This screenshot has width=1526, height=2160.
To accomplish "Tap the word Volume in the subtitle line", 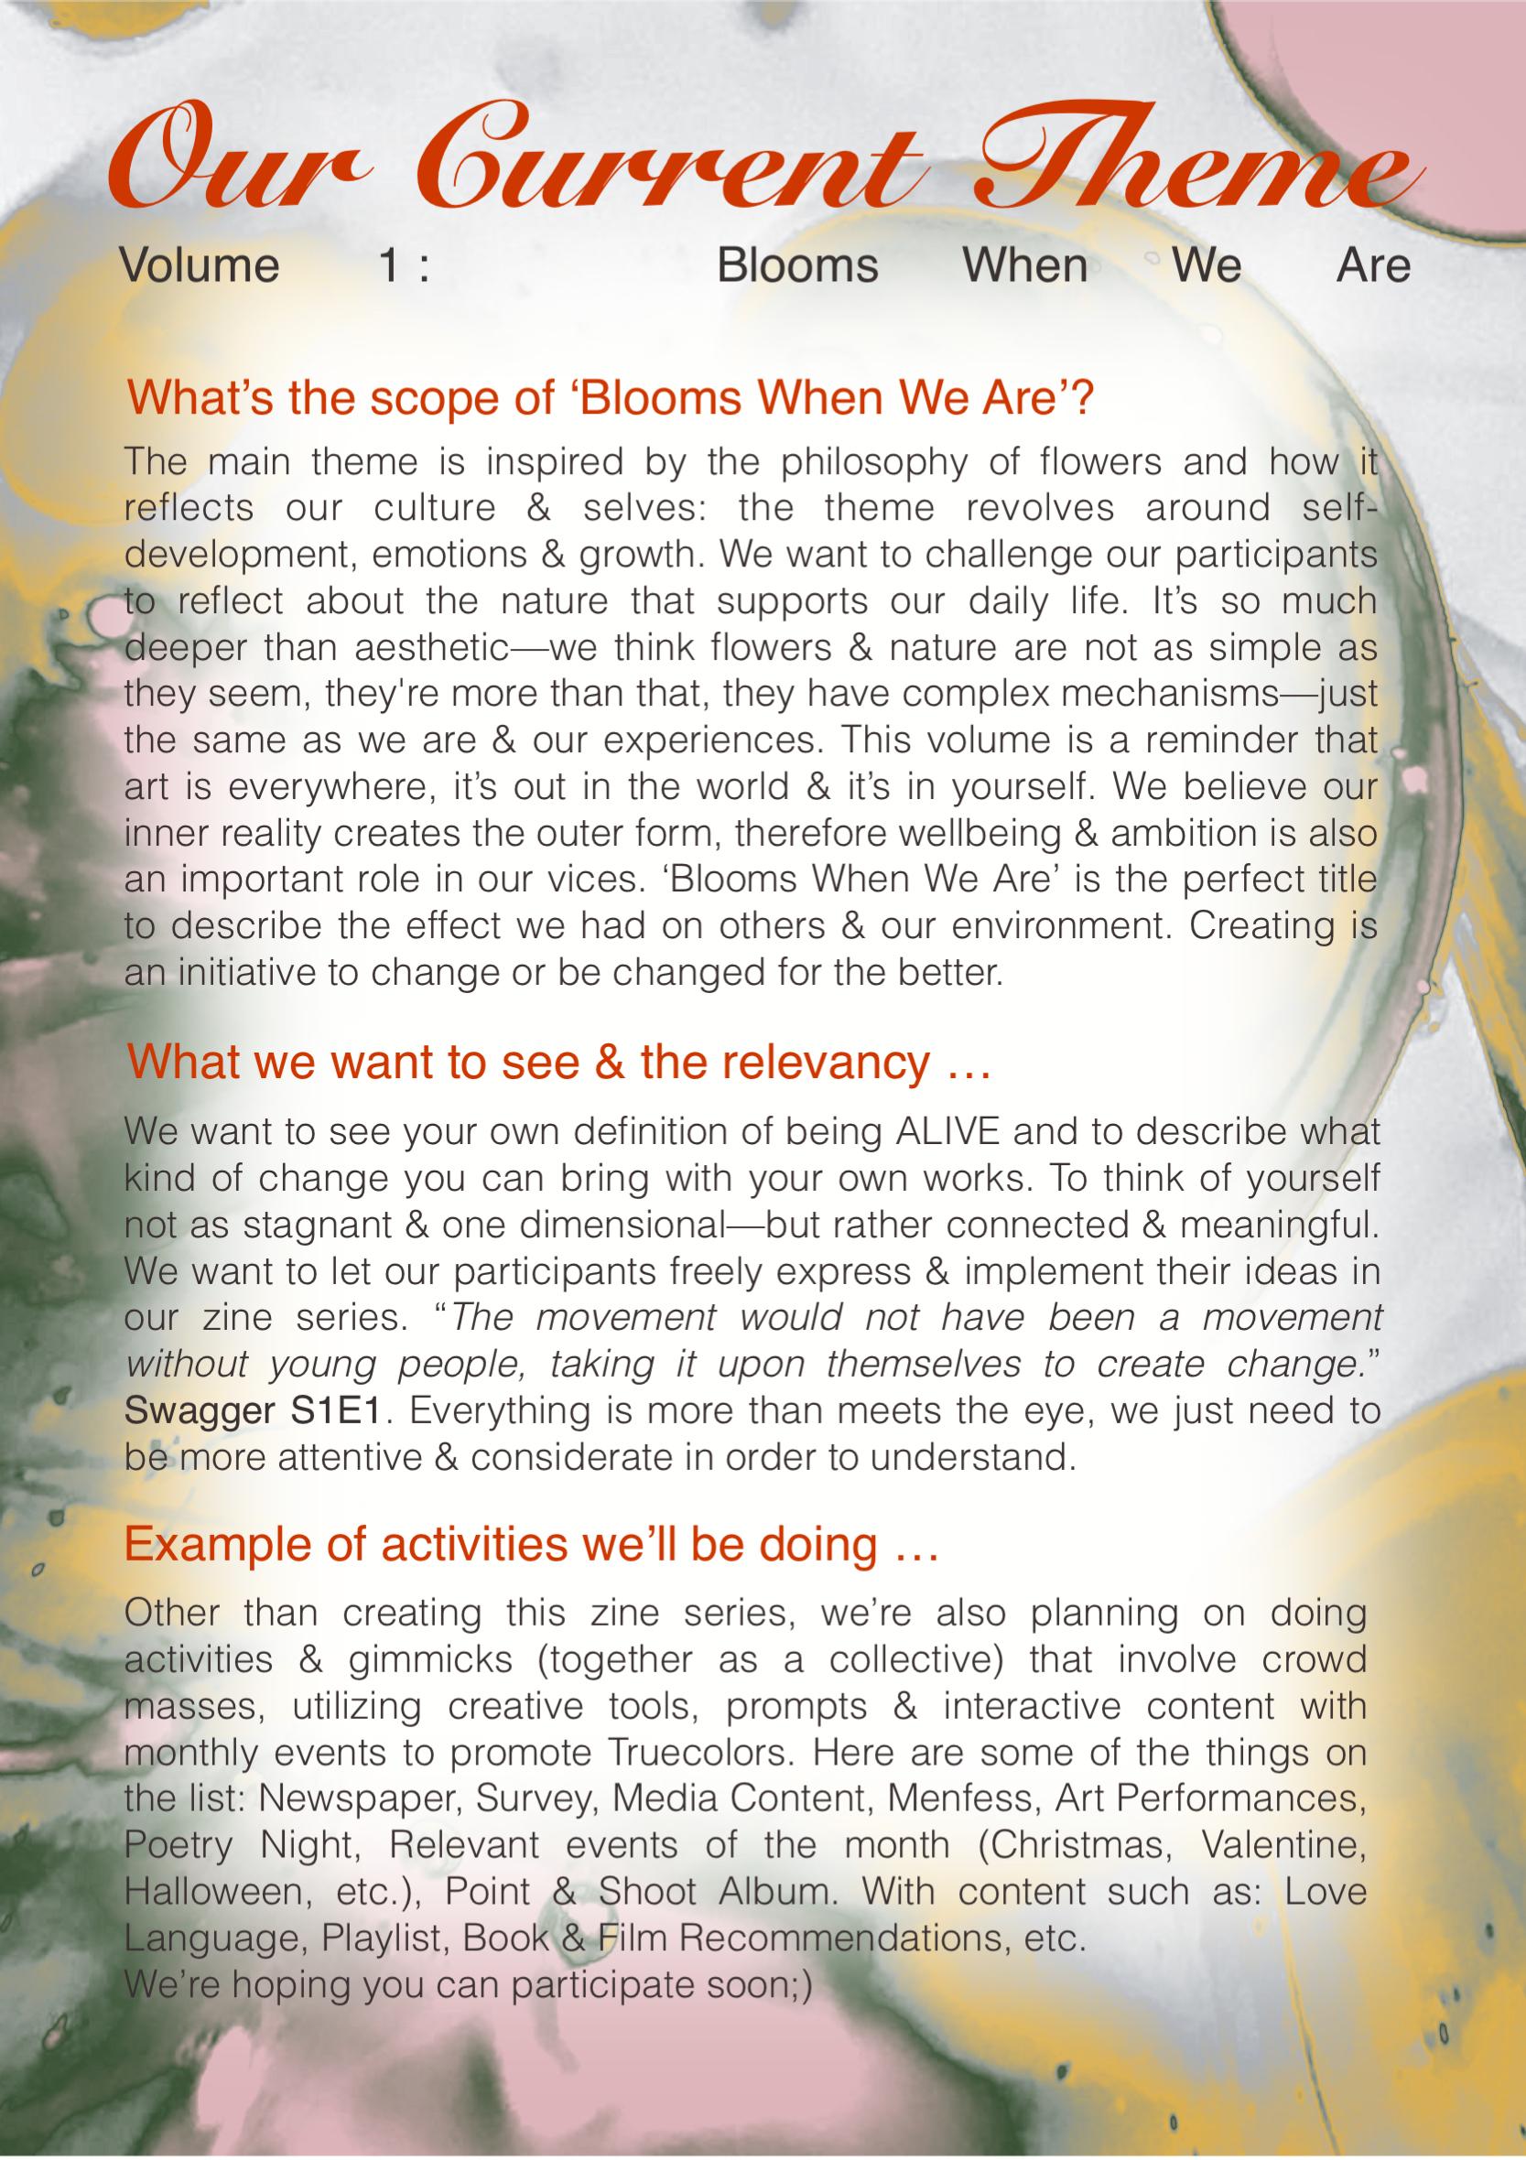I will [200, 265].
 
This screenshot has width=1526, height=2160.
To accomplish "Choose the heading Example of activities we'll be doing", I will [532, 1545].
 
